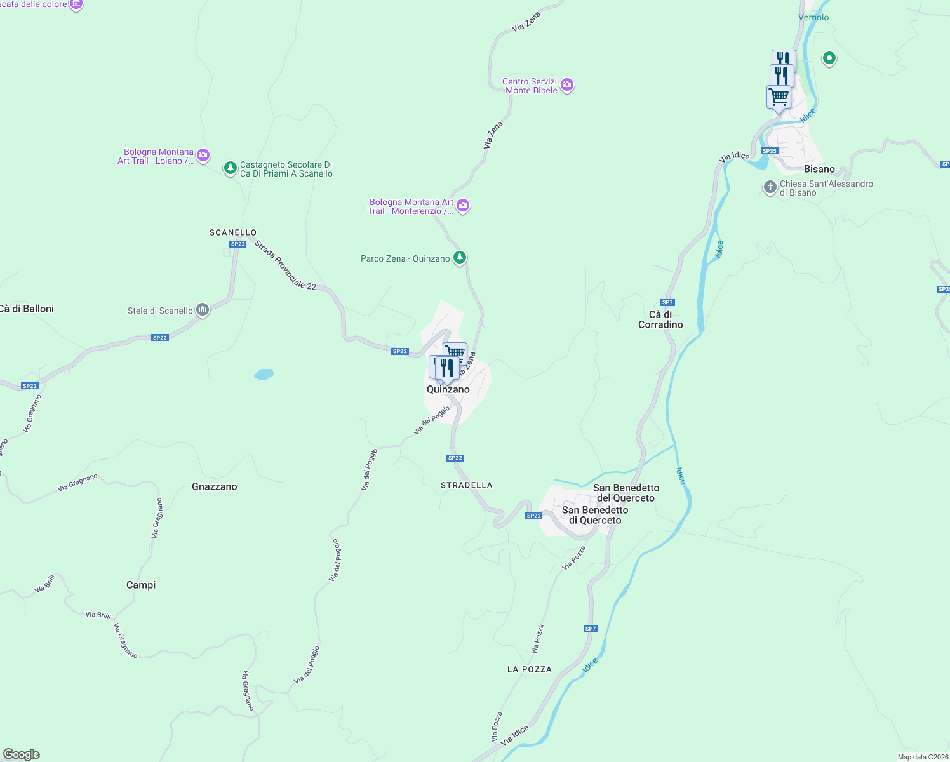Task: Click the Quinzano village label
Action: pos(448,390)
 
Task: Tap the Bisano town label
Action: pos(819,170)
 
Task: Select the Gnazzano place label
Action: pos(215,487)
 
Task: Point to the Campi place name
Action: pos(141,585)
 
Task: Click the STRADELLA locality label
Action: pos(467,485)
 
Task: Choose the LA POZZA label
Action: pos(530,669)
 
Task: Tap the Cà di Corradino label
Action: pos(660,319)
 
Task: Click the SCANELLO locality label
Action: pos(233,232)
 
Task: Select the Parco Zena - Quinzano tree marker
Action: pos(460,258)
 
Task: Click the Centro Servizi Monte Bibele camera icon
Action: pos(567,84)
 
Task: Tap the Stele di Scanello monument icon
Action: pos(203,310)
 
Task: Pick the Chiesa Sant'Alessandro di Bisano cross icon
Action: pos(770,187)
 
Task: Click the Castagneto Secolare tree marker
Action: pos(231,168)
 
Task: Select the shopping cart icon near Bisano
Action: pos(779,98)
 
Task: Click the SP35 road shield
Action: pos(770,151)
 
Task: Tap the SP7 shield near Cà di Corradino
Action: pos(667,302)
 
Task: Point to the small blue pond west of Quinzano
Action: pos(264,374)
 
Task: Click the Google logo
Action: pos(22,754)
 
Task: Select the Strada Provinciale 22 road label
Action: pos(286,265)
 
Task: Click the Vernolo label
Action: pos(813,18)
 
